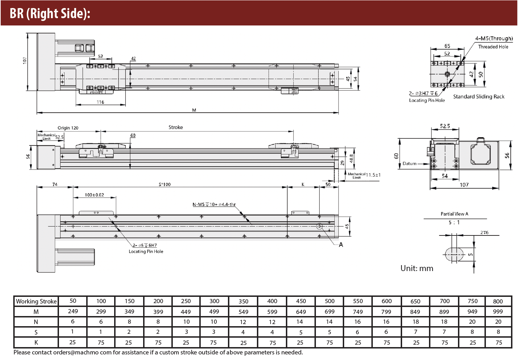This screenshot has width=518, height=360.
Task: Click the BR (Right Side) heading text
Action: pos(50,14)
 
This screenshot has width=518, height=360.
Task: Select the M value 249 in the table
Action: pos(73,311)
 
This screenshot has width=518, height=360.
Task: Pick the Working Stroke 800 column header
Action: pos(498,301)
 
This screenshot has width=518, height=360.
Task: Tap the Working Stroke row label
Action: pos(36,301)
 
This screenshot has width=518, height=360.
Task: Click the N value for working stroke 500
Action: pos(329,322)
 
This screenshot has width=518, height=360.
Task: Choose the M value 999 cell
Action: pos(498,311)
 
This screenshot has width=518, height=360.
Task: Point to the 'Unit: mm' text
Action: pos(417,268)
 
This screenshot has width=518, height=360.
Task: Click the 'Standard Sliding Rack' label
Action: pos(479,97)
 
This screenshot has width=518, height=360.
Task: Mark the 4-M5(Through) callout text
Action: pos(494,38)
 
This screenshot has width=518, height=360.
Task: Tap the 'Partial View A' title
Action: pos(454,214)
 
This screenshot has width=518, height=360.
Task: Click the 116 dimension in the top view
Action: pos(100,102)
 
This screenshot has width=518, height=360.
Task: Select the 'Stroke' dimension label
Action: pos(176,127)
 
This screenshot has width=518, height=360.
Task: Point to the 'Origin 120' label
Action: pos(68,128)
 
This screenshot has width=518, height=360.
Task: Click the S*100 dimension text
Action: pos(165,185)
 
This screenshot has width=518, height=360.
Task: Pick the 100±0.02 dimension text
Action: pos(94,195)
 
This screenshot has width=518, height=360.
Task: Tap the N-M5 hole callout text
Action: pos(214,204)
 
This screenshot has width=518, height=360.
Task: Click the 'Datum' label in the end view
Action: pos(409,163)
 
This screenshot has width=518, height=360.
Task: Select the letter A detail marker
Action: pos(341,245)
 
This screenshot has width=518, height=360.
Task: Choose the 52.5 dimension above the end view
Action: pos(445,126)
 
